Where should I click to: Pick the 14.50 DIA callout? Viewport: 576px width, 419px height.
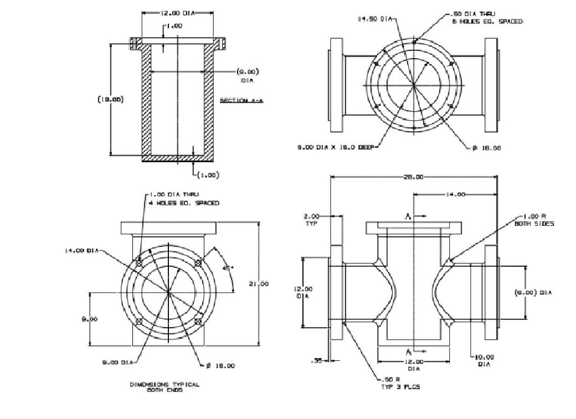(x=375, y=19)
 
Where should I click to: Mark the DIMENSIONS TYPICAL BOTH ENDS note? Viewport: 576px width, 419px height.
(x=164, y=387)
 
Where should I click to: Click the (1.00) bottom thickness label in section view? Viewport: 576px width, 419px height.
(x=209, y=175)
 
